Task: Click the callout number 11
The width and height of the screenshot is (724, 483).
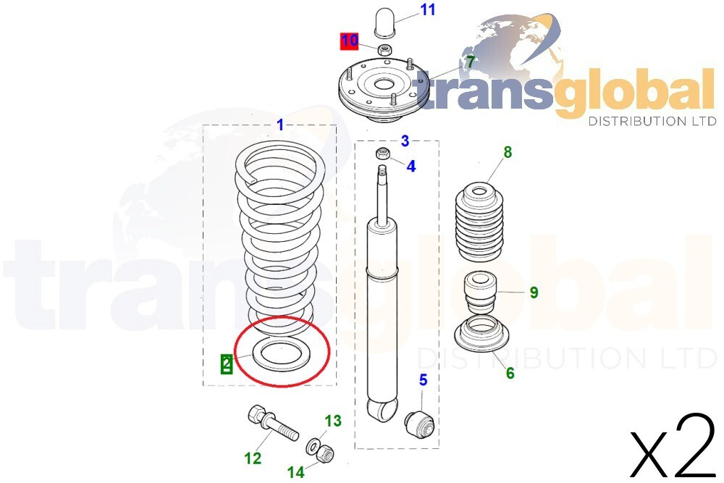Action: pyautogui.click(x=428, y=10)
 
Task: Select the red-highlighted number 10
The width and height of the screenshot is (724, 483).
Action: pyautogui.click(x=350, y=41)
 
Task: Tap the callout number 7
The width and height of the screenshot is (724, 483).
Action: pyautogui.click(x=470, y=62)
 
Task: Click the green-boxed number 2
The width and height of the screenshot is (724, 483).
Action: pyautogui.click(x=227, y=364)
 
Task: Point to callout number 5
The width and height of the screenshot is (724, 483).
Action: pyautogui.click(x=423, y=379)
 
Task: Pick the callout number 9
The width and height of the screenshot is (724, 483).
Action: pyautogui.click(x=534, y=293)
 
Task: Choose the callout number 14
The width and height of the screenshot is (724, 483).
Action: pyautogui.click(x=295, y=472)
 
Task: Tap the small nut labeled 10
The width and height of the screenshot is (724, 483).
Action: pyautogui.click(x=385, y=50)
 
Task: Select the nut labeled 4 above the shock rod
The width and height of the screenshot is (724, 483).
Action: pyautogui.click(x=384, y=154)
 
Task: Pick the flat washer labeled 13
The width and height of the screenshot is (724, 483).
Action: pyautogui.click(x=313, y=443)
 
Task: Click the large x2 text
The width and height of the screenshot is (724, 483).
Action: pyautogui.click(x=673, y=445)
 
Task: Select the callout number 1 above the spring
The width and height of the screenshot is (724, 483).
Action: pyautogui.click(x=280, y=125)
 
